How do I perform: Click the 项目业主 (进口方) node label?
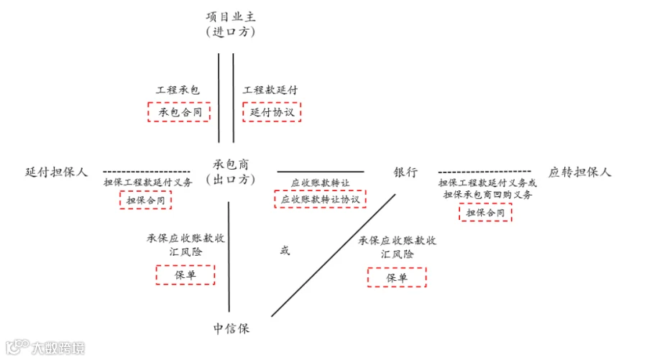pos(231,24)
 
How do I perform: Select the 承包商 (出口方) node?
pos(231,172)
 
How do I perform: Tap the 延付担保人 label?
pos(57,172)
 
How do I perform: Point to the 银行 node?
pos(405,172)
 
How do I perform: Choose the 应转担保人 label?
pos(579,172)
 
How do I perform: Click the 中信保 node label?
pos(231,328)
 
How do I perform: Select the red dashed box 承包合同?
pos(179,112)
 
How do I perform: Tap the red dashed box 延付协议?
pos(272,112)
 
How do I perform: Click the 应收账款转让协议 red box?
pos(320,199)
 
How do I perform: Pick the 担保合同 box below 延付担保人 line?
pos(146,200)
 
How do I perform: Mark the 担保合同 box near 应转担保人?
pos(485,213)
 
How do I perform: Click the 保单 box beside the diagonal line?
pos(397,277)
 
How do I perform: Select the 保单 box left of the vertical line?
pos(185,274)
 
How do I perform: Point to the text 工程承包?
pos(178,90)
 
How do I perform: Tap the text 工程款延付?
pos(270,90)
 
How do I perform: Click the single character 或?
pos(285,250)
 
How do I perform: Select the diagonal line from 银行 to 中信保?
pos(334,255)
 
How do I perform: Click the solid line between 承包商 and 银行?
pos(321,172)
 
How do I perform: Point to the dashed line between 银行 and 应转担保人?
pos(485,172)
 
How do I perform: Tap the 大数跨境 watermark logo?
pos(45,347)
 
